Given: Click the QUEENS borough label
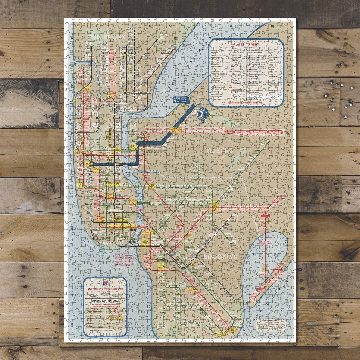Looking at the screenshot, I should tap(220, 151).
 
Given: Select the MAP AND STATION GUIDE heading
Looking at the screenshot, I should tap(105, 300).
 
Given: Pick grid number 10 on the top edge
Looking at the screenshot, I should tap(273, 26).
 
